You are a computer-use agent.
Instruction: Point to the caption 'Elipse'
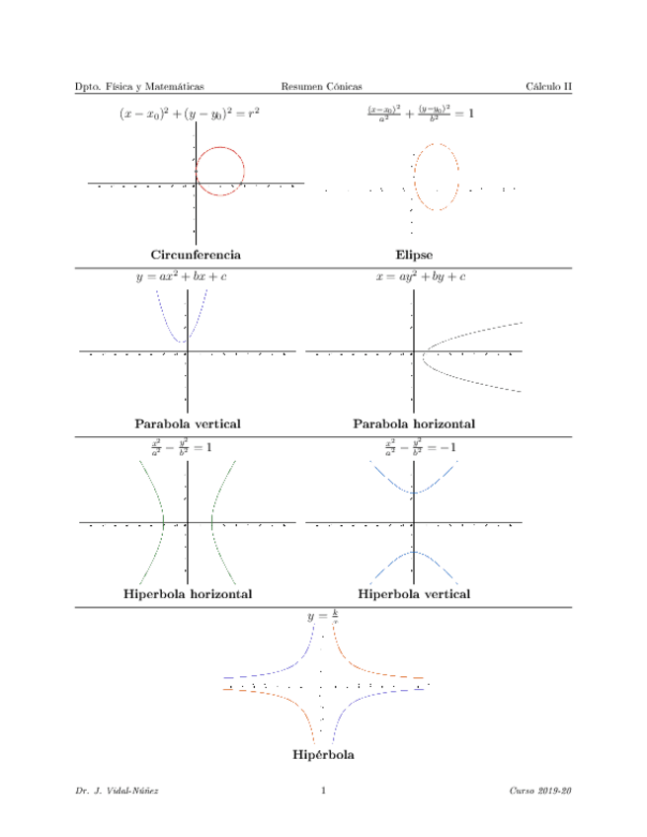tap(414, 255)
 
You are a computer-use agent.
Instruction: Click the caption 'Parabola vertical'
tap(188, 423)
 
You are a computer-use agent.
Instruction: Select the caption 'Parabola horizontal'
tap(414, 423)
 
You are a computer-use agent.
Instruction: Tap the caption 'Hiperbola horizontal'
tap(188, 594)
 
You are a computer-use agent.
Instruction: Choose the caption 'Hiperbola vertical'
tap(414, 594)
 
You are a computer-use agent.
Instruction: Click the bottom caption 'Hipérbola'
tap(324, 755)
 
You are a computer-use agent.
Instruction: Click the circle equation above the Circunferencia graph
tap(189, 114)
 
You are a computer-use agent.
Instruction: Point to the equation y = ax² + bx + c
tap(181, 277)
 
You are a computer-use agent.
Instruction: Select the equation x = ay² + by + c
tap(421, 277)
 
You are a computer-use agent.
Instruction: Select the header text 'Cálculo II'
tap(549, 87)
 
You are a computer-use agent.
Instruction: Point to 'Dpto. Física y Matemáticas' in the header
tap(140, 87)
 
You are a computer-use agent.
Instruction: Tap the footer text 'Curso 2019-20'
tap(541, 791)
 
